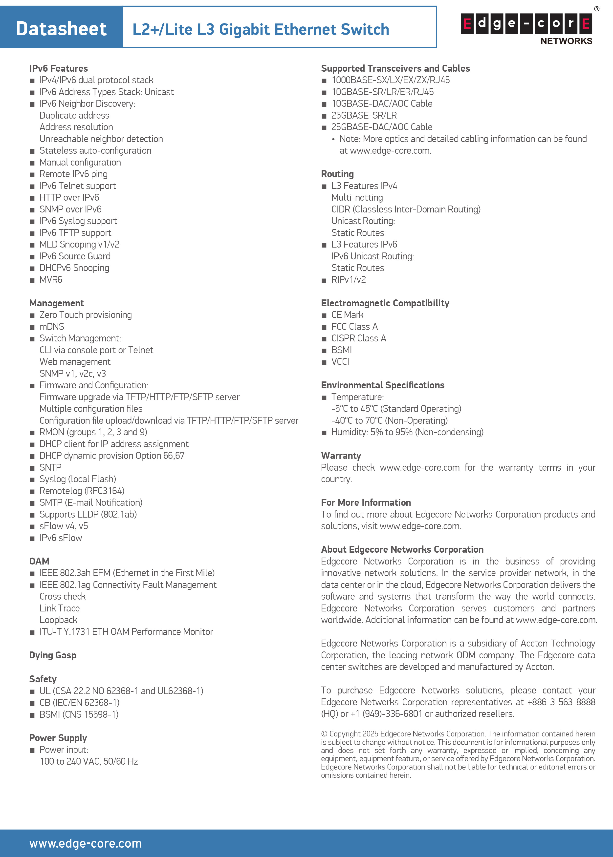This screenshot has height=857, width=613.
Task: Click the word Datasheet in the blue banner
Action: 61,29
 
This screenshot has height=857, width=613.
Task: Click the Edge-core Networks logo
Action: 526,29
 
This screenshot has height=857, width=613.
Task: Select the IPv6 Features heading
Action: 59,68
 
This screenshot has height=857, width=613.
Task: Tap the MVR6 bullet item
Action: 51,279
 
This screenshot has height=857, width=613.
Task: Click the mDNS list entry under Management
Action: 52,326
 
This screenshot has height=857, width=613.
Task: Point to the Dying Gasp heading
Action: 53,655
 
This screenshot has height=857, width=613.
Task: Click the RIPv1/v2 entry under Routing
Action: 349,279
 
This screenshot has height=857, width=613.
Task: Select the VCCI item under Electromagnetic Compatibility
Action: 340,362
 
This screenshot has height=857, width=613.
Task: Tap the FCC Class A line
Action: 354,326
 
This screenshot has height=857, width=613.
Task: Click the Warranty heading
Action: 341,456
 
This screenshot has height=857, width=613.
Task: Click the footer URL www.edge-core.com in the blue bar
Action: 86,843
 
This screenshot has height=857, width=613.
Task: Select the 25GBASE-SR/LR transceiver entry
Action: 364,115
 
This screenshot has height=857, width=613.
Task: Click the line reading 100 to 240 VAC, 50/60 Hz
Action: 89,761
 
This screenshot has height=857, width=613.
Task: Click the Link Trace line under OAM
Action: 60,608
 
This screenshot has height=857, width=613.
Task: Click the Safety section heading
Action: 43,679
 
